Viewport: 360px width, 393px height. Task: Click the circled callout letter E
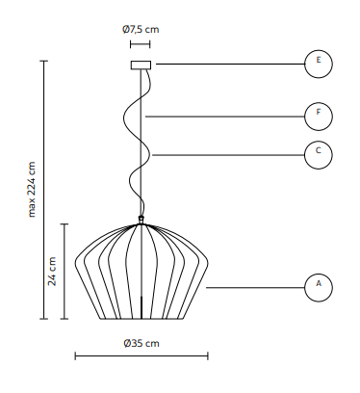319,60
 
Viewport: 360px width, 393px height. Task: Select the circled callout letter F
319,112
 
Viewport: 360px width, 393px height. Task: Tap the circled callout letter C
319,150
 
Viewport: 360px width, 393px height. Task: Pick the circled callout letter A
319,283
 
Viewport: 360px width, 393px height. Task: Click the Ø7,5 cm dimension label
141,30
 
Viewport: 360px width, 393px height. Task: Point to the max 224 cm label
32,190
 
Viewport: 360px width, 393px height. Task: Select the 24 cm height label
52,272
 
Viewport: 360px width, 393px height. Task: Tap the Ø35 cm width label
141,343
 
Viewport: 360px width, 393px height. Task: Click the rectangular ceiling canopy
141,65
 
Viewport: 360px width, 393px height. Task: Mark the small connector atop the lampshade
141,220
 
